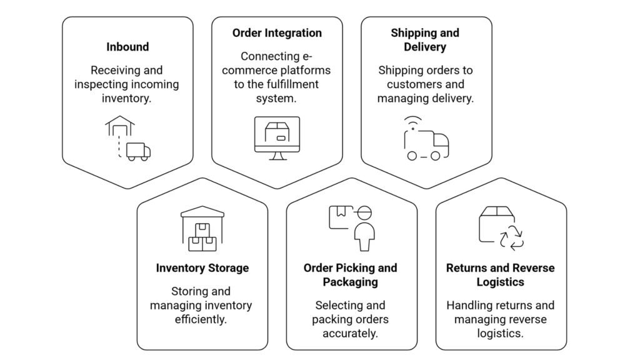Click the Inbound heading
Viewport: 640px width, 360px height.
pyautogui.click(x=127, y=47)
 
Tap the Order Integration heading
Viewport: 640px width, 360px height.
pyautogui.click(x=277, y=33)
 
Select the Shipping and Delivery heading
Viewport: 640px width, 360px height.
pyautogui.click(x=425, y=40)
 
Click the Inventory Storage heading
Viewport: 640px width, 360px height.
pyautogui.click(x=202, y=268)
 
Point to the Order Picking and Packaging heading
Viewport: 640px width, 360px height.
pyautogui.click(x=350, y=275)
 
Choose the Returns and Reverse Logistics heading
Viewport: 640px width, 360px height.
pyautogui.click(x=500, y=275)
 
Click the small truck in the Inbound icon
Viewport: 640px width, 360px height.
pyautogui.click(x=138, y=151)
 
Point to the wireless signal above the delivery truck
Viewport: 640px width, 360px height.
pyautogui.click(x=412, y=122)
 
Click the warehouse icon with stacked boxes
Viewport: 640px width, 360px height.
pyautogui.click(x=202, y=229)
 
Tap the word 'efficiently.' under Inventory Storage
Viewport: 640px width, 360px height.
pyautogui.click(x=201, y=319)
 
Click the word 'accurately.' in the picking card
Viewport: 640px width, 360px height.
pyautogui.click(x=350, y=333)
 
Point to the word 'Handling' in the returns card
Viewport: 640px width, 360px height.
pyautogui.click(x=468, y=306)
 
